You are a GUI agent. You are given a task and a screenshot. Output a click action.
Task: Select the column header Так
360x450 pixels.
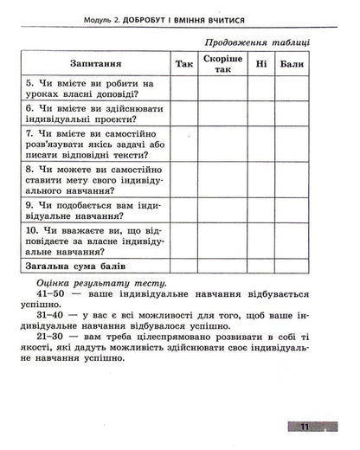pyautogui.click(x=183, y=63)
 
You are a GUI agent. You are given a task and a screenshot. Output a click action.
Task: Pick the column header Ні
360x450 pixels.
pyautogui.click(x=259, y=63)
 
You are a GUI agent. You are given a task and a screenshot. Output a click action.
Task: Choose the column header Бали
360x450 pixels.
pyautogui.click(x=292, y=63)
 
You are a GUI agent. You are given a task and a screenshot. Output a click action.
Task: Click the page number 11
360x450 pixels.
pyautogui.click(x=305, y=427)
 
